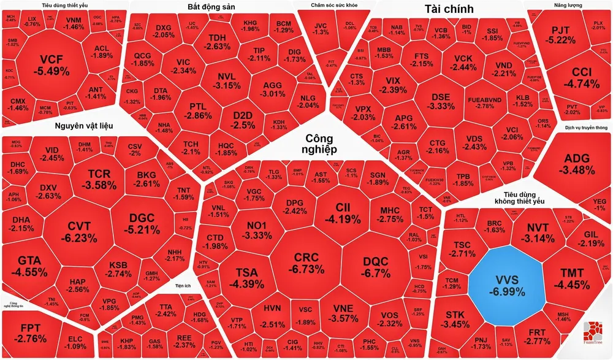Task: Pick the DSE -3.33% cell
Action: pos(441,101)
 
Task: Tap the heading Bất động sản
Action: pos(210,7)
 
